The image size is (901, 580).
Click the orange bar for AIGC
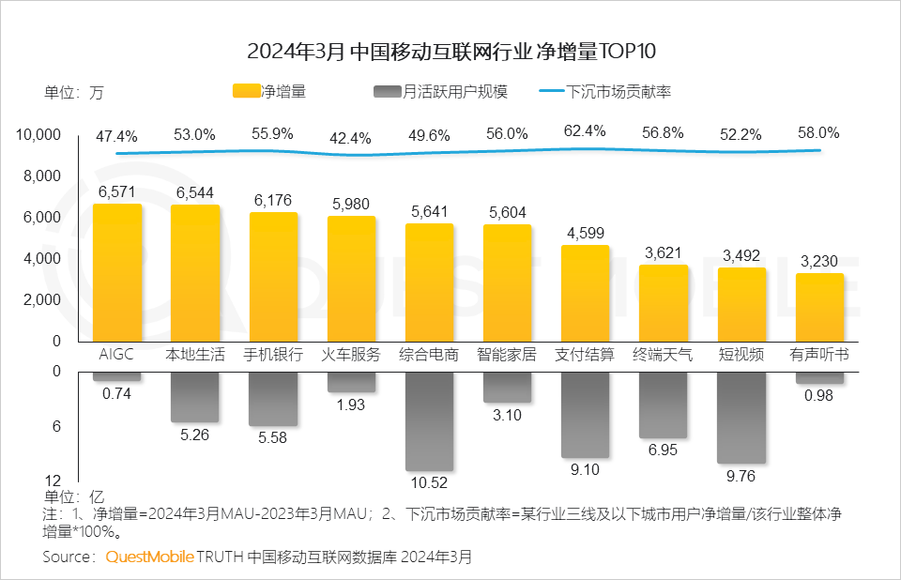[x=117, y=272]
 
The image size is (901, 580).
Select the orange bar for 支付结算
[x=586, y=293]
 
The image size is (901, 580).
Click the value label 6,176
[x=273, y=201]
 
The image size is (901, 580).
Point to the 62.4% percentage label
[x=586, y=132]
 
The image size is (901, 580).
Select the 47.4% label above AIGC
[x=117, y=136]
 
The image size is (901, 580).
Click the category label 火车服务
[x=352, y=355]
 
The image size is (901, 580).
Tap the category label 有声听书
[x=819, y=355]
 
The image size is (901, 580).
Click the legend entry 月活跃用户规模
[x=441, y=92]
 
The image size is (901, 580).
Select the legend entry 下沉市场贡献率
[x=605, y=92]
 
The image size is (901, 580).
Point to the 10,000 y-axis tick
[x=38, y=136]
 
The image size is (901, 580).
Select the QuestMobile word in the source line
[x=149, y=557]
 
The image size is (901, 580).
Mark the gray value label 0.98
[x=819, y=395]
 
